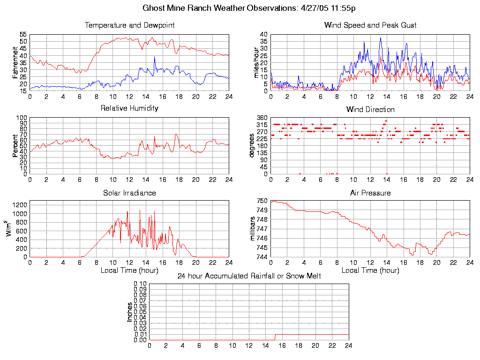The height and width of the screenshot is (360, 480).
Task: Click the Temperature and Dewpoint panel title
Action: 129,25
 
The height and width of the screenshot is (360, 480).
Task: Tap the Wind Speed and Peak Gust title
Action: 370,25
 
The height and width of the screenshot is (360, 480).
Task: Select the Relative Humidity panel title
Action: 129,108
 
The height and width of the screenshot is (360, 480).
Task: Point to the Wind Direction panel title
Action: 370,110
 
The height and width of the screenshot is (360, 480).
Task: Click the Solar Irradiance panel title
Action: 129,193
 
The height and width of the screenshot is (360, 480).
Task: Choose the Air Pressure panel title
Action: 370,193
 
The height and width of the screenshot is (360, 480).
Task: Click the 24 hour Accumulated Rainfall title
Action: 249,276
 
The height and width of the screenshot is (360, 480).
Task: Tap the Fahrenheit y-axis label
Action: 15,63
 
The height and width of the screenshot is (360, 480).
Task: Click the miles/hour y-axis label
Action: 256,63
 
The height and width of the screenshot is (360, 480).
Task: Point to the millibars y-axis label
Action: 253,229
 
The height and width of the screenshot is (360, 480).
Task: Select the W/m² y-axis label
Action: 9,229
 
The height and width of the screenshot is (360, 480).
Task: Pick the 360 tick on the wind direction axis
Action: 262,118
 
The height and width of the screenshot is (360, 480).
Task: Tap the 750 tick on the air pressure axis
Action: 262,201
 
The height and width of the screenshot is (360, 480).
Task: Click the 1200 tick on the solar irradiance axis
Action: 21,204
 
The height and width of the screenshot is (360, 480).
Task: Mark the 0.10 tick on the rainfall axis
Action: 140,284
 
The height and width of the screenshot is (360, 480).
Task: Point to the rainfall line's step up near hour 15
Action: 275,337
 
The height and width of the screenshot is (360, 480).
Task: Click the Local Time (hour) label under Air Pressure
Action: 370,270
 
